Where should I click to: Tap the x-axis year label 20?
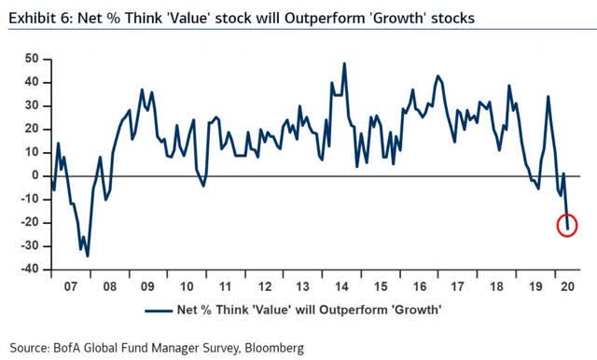[x=568, y=286]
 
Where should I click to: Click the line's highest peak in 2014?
[x=344, y=63]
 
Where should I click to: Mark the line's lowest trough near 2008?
[x=87, y=255]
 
